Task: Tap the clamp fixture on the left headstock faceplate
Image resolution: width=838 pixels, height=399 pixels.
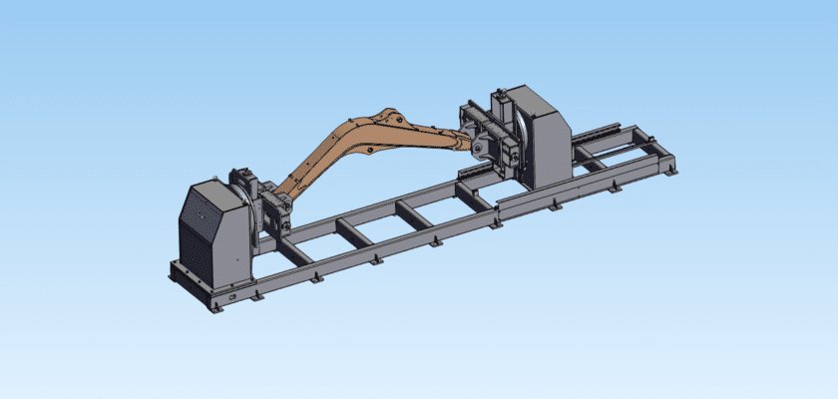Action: coord(270,204)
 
